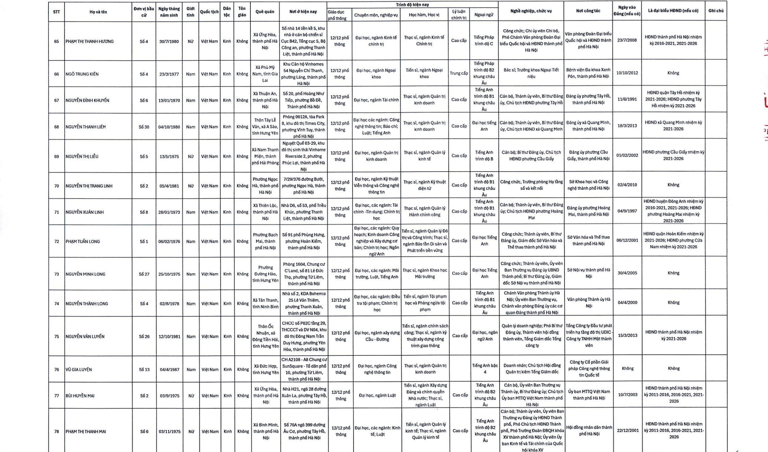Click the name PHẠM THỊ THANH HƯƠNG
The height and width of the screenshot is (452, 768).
click(x=89, y=41)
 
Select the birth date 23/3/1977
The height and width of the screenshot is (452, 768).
click(x=169, y=74)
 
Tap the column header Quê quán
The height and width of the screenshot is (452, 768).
click(x=265, y=12)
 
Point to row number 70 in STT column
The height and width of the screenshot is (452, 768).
click(x=57, y=186)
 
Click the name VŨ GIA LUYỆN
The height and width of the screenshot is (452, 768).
click(x=79, y=369)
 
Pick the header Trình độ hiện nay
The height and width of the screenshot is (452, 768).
click(x=412, y=5)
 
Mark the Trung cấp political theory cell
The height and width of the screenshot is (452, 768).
click(x=459, y=73)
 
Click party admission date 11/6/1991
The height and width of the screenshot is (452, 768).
click(x=627, y=99)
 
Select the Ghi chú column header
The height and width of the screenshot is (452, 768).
click(x=716, y=11)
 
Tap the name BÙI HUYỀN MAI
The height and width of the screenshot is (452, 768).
click(x=80, y=395)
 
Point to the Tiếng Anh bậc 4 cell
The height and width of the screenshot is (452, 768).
click(x=485, y=369)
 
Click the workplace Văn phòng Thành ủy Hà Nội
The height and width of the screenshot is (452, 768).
click(x=588, y=302)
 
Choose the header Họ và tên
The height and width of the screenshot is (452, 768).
click(x=98, y=12)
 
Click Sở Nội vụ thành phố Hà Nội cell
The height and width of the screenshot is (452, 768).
click(x=588, y=273)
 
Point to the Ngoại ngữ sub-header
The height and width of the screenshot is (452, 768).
click(x=484, y=15)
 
